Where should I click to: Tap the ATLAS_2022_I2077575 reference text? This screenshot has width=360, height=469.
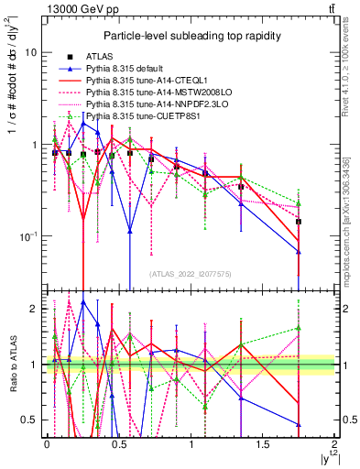(x=191, y=274)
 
